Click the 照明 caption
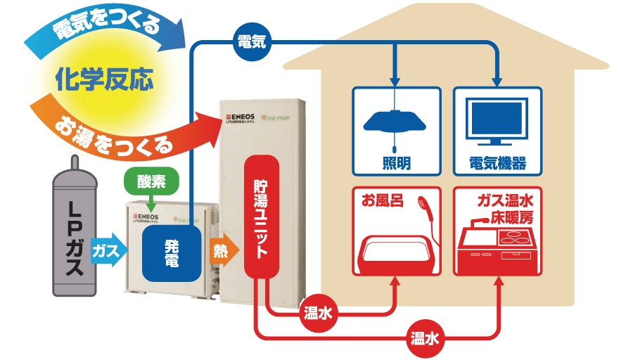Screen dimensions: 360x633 click(x=397, y=164)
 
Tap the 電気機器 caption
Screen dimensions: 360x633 click(x=498, y=164)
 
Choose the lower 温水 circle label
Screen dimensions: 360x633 click(x=426, y=338)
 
